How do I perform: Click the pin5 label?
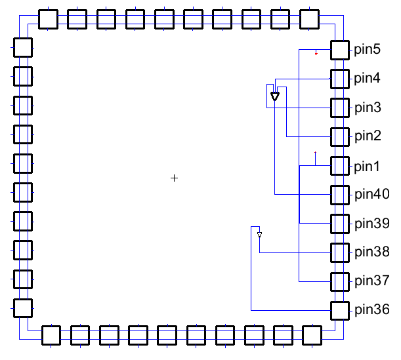click(x=367, y=50)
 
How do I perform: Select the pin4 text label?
click(x=367, y=79)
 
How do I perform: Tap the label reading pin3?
click(x=367, y=108)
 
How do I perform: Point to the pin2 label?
click(x=367, y=136)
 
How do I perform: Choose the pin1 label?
click(x=367, y=166)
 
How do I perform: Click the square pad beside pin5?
click(x=340, y=50)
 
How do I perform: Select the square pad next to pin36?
click(x=340, y=310)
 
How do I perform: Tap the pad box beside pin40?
click(x=340, y=195)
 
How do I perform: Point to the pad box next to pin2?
click(x=340, y=137)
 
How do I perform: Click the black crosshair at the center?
click(x=174, y=178)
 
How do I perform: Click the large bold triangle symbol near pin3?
click(x=275, y=96)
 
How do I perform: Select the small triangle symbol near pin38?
click(x=259, y=234)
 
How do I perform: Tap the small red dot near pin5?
click(x=316, y=54)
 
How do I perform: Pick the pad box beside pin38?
click(x=340, y=252)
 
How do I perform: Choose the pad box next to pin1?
click(x=340, y=166)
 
